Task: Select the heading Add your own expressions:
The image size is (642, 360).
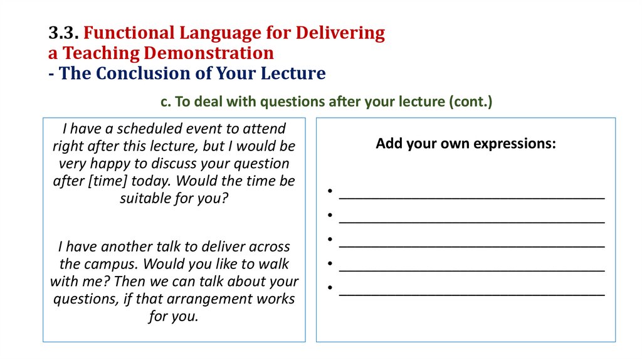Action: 466,144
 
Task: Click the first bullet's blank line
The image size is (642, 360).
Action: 471,195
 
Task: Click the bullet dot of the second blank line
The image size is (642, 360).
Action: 329,216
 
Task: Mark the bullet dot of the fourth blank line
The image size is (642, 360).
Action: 329,264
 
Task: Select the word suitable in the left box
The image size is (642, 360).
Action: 144,199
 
